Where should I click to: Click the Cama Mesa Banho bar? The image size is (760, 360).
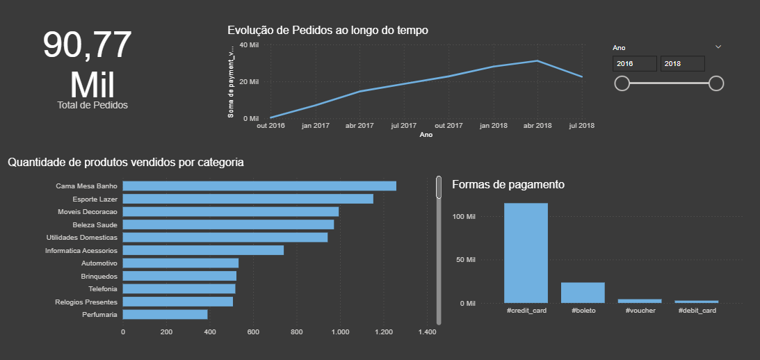(x=259, y=186)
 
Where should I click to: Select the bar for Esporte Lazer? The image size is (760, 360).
(x=248, y=199)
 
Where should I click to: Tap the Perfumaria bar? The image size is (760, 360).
(x=165, y=315)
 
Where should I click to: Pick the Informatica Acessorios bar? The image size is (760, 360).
(x=203, y=250)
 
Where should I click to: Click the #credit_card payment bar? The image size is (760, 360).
(x=526, y=253)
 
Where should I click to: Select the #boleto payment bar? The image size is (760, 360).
(x=583, y=293)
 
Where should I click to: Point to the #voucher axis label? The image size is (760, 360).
(x=640, y=311)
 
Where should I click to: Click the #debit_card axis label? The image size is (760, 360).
(x=697, y=311)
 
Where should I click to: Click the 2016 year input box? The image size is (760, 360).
(x=634, y=64)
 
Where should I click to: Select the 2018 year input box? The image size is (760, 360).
(x=682, y=64)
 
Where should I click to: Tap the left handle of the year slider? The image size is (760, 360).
(x=622, y=83)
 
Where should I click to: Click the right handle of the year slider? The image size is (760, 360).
(x=716, y=83)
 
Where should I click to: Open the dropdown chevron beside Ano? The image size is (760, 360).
(x=718, y=47)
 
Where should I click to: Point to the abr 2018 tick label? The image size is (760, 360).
(x=537, y=126)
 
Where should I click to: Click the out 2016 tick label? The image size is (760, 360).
(x=270, y=126)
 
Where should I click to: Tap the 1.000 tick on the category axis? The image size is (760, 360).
(x=340, y=332)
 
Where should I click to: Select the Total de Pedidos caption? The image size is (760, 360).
(x=92, y=105)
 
